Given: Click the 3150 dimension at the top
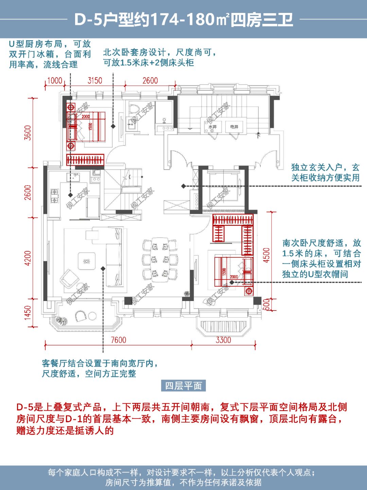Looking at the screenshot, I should click(x=95, y=81).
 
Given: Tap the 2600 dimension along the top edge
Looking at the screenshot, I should click(x=150, y=81).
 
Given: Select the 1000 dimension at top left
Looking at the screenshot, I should click(x=54, y=81).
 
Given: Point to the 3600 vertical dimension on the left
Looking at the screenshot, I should click(x=28, y=133).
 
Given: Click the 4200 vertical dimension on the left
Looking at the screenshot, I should click(x=28, y=258).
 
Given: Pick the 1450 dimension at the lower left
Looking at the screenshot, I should click(x=28, y=313).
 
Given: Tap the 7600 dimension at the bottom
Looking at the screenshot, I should click(x=118, y=340).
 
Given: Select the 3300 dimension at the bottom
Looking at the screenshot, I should click(x=223, y=340).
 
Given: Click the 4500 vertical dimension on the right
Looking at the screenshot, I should click(x=267, y=255).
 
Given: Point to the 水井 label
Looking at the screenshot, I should click(x=212, y=127).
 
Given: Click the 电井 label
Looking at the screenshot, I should click(x=234, y=127).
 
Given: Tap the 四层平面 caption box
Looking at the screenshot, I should click(x=183, y=386).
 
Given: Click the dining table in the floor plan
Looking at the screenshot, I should click(x=160, y=259).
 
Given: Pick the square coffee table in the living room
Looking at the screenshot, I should click(x=85, y=262).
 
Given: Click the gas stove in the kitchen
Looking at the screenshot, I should click(x=54, y=196).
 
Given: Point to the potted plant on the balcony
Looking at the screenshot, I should click(x=61, y=320).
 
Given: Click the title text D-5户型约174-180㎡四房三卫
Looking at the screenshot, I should click(x=183, y=19).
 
